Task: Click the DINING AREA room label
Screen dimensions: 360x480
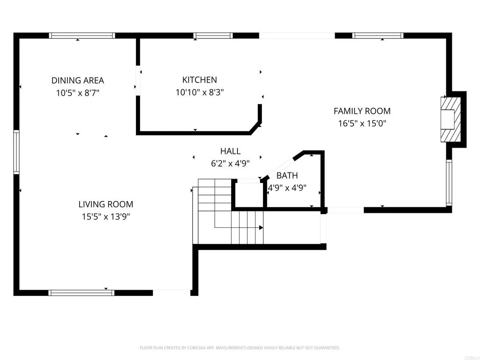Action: (77, 81)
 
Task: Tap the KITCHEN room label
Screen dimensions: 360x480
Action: (200, 80)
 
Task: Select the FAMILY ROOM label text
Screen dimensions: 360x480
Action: (362, 111)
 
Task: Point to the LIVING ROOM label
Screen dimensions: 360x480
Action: (105, 204)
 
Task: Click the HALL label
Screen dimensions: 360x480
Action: (230, 151)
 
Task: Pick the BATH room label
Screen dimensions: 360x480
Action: (287, 176)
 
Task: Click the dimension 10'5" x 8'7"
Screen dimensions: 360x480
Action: (77, 93)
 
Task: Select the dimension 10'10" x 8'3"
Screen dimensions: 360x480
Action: (200, 92)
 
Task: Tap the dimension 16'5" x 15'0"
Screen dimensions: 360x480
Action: (362, 123)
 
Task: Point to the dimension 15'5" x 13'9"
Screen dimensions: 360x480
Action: (105, 217)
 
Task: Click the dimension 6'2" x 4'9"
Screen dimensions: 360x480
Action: (230, 164)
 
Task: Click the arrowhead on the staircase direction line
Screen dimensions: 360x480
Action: (261, 228)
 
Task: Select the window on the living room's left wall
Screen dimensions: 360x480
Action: (16, 152)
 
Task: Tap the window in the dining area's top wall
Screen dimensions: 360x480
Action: (82, 35)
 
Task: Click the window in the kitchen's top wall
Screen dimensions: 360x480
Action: (213, 35)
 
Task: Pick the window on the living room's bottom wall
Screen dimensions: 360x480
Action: (82, 293)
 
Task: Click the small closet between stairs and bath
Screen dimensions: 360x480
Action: (249, 195)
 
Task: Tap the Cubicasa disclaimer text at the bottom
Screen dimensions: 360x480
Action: (240, 348)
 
